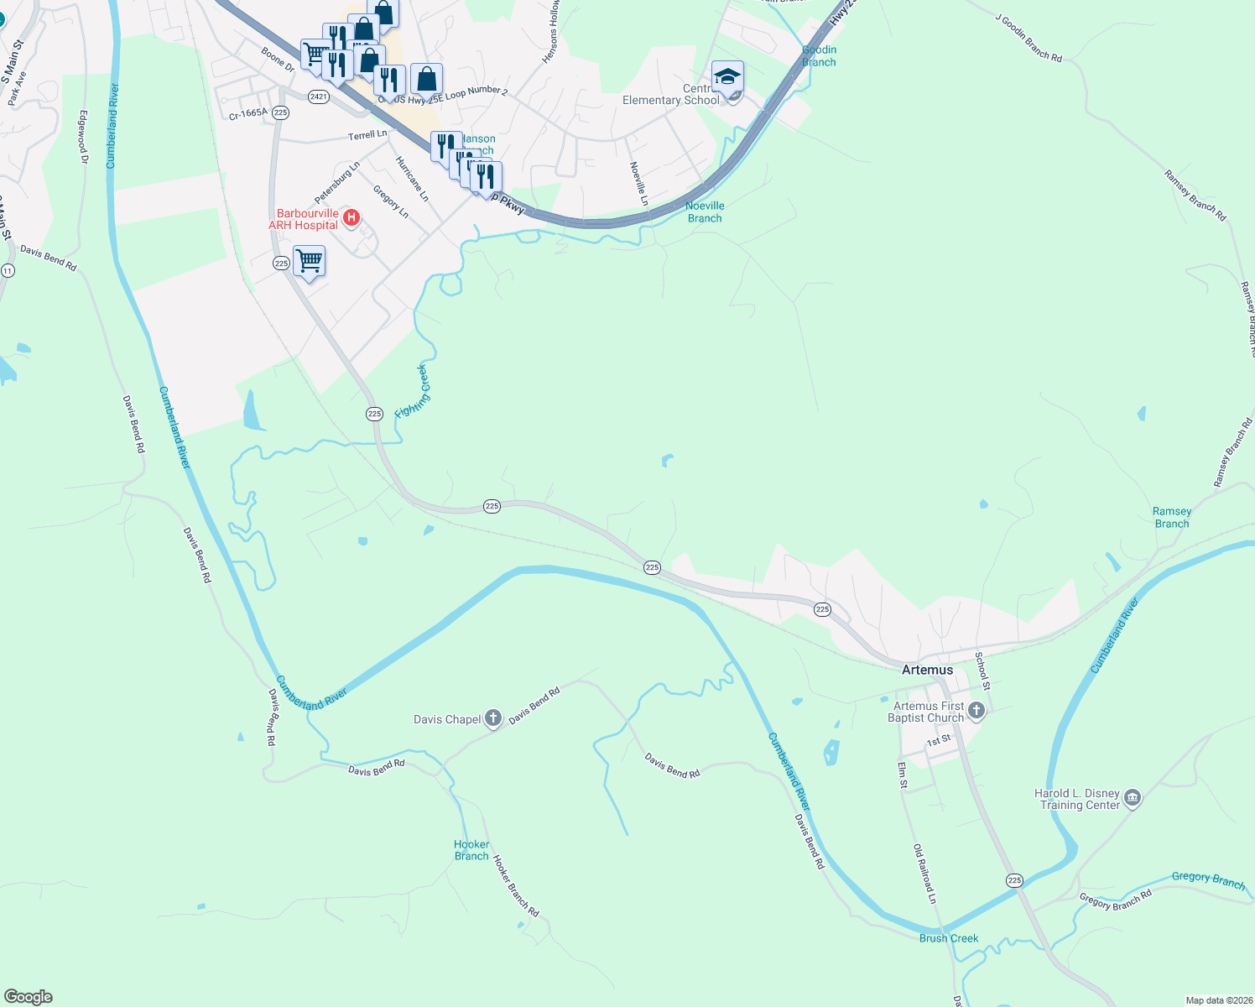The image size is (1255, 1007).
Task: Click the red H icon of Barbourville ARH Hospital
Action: click(x=352, y=219)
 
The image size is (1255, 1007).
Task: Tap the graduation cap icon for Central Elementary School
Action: click(x=727, y=77)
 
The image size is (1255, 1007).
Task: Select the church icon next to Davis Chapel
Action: click(x=493, y=718)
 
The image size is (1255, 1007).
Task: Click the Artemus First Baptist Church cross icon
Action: click(x=976, y=712)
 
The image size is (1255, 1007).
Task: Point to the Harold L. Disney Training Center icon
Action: click(x=1133, y=798)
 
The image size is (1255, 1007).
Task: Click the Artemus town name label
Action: click(x=927, y=670)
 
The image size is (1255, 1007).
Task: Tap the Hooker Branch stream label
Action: click(x=471, y=850)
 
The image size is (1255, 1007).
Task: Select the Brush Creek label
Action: click(x=949, y=938)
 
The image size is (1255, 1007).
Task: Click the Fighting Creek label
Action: click(x=412, y=391)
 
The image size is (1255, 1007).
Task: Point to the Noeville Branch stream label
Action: click(x=705, y=211)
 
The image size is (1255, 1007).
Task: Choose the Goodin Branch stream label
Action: click(x=819, y=56)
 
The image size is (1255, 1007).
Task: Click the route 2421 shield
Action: click(x=318, y=97)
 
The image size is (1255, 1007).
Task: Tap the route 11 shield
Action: click(x=8, y=270)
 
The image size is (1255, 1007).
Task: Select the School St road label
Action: click(x=982, y=670)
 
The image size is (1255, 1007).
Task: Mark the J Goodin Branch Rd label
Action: click(x=1028, y=38)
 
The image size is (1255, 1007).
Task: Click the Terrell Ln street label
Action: click(x=367, y=135)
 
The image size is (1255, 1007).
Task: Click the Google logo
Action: click(x=29, y=997)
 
